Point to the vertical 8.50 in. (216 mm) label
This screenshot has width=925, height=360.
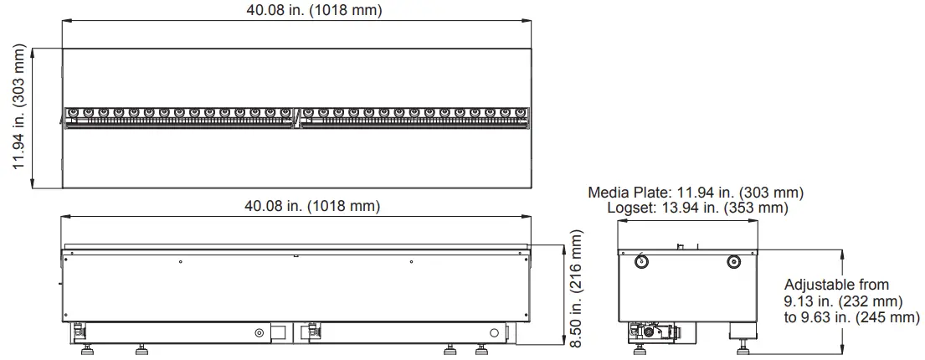[575, 288]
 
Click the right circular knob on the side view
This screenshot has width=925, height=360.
[733, 261]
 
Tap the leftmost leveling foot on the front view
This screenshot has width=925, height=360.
[86, 348]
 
